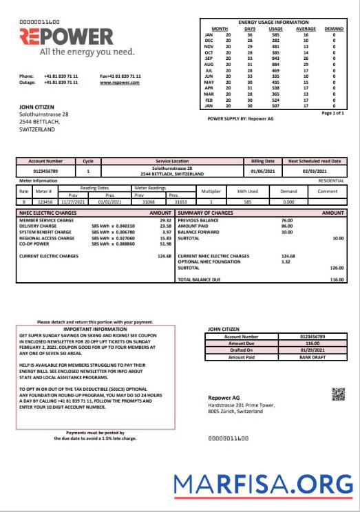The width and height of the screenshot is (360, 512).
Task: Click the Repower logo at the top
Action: point(67,36)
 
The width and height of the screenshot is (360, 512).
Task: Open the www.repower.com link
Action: point(120,82)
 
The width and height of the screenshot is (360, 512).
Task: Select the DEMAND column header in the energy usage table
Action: point(334,29)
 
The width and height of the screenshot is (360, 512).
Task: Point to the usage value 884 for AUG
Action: point(276,64)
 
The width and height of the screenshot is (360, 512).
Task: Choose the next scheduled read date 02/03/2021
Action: point(315,170)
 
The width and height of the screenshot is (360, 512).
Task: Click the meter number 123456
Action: point(45,202)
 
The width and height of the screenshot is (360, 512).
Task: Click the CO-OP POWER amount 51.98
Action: point(165,244)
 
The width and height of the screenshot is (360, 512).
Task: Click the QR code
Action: point(338,394)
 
